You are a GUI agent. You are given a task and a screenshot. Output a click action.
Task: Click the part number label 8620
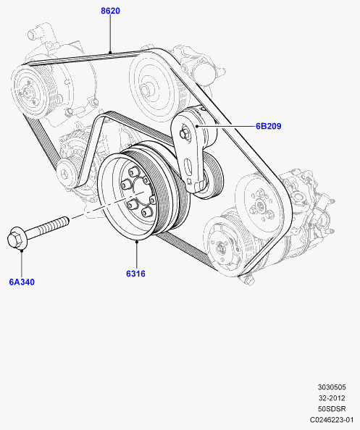[x=110, y=11]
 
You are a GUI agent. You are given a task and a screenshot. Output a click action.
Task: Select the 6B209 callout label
[x=268, y=126]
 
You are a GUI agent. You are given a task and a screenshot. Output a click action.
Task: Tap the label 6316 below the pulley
[x=135, y=274]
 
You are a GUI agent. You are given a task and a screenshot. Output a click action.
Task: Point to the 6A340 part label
[x=22, y=282]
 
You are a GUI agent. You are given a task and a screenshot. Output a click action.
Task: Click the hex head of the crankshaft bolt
[x=16, y=239]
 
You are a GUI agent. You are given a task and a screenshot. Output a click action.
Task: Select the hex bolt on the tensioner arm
[x=184, y=134]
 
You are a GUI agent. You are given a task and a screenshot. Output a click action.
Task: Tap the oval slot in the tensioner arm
[x=187, y=166]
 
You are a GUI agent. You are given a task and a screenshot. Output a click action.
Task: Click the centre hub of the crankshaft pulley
[x=138, y=193]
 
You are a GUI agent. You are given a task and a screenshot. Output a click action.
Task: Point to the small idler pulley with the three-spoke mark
[x=66, y=173]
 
